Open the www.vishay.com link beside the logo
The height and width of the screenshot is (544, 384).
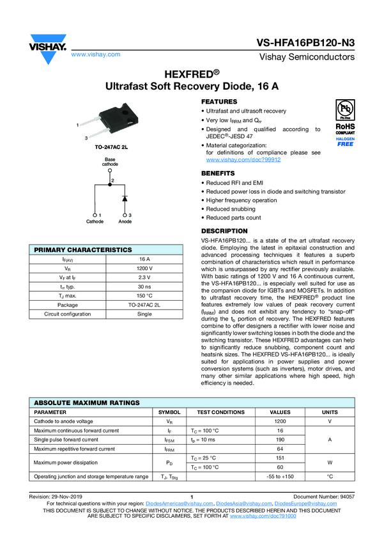(96, 54)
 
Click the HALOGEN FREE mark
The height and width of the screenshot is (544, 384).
(346, 141)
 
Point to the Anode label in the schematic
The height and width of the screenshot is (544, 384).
(125, 221)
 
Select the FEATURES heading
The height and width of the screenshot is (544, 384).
(219, 102)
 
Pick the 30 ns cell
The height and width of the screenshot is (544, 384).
(144, 287)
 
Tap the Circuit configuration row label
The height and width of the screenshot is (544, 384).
(67, 314)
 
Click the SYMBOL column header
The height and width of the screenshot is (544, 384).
(169, 412)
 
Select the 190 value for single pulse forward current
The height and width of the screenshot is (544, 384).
(280, 440)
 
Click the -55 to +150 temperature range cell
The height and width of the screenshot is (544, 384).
(280, 477)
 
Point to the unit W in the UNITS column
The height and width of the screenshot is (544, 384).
(330, 463)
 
